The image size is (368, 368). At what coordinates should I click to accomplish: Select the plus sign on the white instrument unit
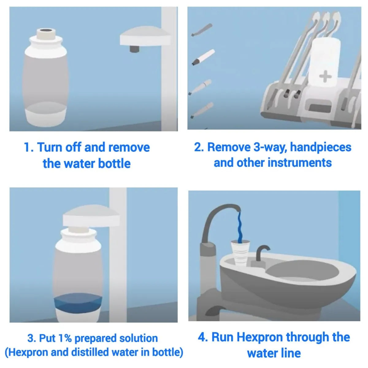coord(325,76)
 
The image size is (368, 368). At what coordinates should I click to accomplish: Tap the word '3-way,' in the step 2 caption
coord(270,148)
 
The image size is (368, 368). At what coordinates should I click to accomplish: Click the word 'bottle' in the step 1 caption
coord(114,164)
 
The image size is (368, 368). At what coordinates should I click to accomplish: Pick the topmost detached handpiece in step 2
coord(202,30)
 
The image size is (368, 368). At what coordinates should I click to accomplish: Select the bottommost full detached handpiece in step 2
coord(202,110)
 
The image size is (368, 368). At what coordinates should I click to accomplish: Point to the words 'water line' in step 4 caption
coord(274,354)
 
